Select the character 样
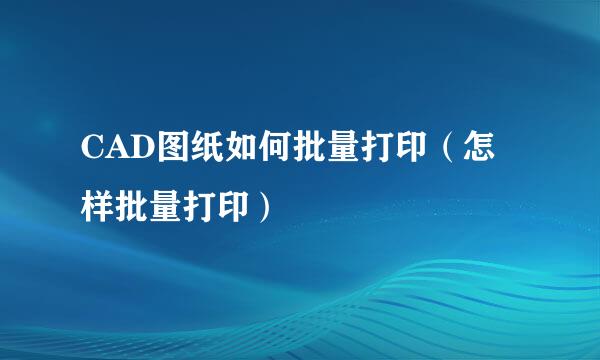pyautogui.click(x=97, y=208)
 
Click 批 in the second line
pyautogui.click(x=129, y=208)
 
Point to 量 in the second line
pyautogui.click(x=161, y=208)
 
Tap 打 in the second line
pyautogui.click(x=193, y=208)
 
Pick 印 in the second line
pyautogui.click(x=225, y=208)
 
